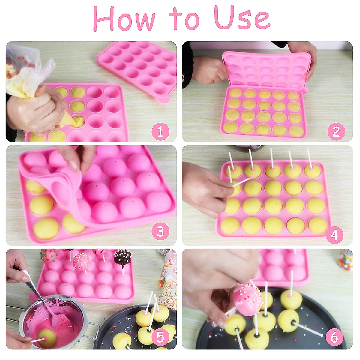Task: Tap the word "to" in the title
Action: [x=184, y=19]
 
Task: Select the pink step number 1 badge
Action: [x=160, y=132]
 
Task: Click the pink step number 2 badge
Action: [x=336, y=132]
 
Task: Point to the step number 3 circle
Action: [x=160, y=232]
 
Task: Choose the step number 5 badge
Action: [x=160, y=337]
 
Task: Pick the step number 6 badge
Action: [x=334, y=337]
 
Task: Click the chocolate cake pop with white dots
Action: [x=123, y=256]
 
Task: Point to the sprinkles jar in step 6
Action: [x=345, y=259]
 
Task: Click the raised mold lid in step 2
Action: [x=265, y=69]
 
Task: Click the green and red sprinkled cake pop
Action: [x=49, y=256]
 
